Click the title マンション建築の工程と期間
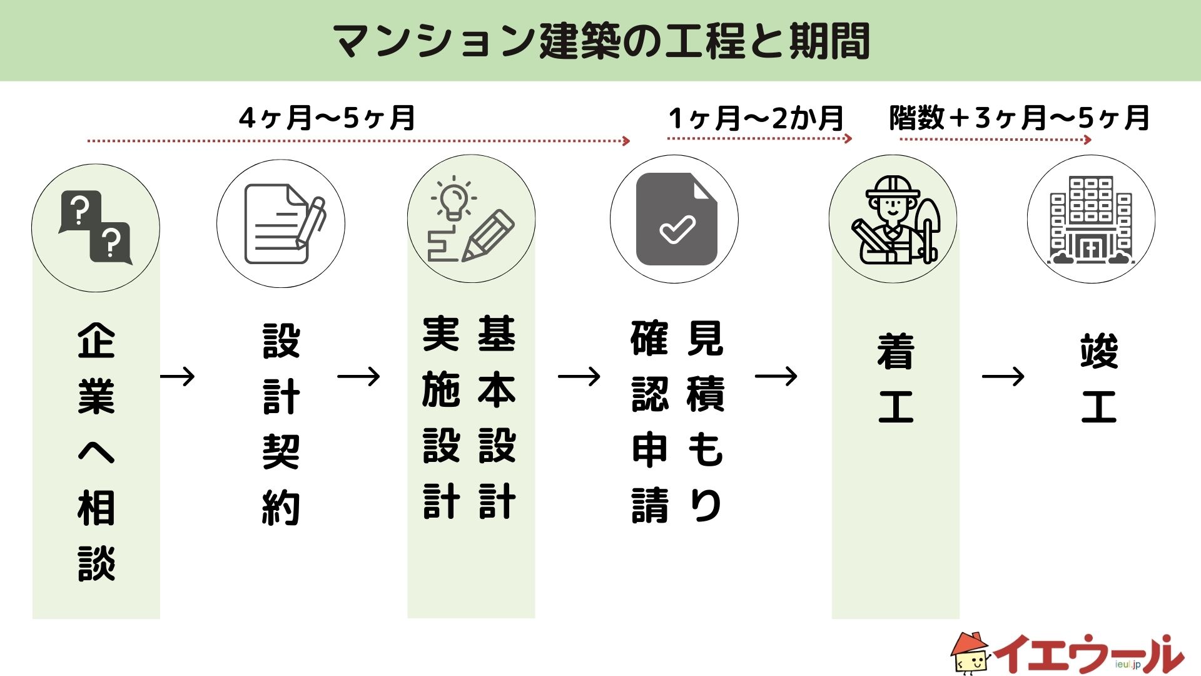click(x=600, y=41)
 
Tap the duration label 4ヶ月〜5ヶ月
click(x=327, y=118)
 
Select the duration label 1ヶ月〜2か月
click(x=756, y=118)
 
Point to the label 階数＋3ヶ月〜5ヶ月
click(x=1020, y=118)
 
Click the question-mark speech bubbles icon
click(x=96, y=228)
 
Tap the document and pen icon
click(x=283, y=224)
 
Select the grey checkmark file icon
click(x=676, y=220)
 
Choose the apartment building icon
click(x=1091, y=220)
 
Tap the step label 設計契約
click(x=281, y=424)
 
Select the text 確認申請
click(x=650, y=422)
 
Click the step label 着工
click(x=896, y=378)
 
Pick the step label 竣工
click(x=1098, y=378)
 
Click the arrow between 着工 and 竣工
click(x=1003, y=376)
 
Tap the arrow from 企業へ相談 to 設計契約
click(x=178, y=376)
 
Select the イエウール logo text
click(x=1088, y=655)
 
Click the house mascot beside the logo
click(x=970, y=653)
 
